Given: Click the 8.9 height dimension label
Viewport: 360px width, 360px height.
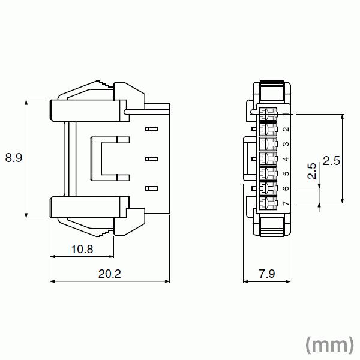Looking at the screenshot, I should pyautogui.click(x=13, y=158).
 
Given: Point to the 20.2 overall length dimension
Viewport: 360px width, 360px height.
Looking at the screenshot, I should pyautogui.click(x=109, y=274).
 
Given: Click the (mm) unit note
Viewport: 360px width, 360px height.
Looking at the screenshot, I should pyautogui.click(x=329, y=344).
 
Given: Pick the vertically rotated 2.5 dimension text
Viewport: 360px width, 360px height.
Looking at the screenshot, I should pyautogui.click(x=311, y=172).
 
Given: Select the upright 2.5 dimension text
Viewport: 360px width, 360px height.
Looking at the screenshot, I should pyautogui.click(x=331, y=160).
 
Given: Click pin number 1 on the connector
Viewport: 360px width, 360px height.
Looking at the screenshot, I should pyautogui.click(x=285, y=114).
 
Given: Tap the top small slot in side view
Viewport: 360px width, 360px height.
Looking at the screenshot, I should pyautogui.click(x=151, y=128).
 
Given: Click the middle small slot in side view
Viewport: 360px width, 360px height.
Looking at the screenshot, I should pyautogui.click(x=151, y=158).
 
